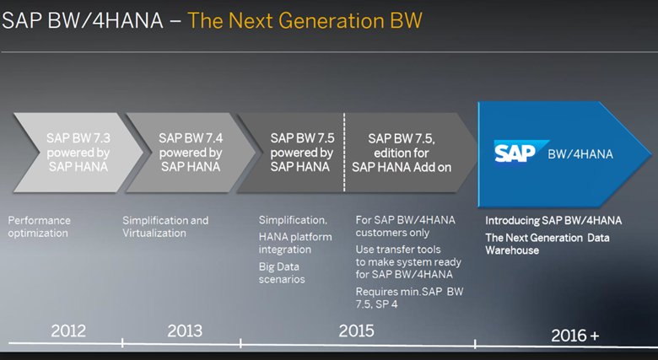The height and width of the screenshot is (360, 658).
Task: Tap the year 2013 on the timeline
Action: [185, 330]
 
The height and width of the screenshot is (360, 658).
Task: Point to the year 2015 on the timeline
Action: [356, 330]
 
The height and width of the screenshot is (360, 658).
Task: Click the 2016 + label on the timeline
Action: [574, 335]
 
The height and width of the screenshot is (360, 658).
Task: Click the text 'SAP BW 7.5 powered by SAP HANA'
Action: [301, 152]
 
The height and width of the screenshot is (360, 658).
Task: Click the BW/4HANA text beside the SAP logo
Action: [580, 154]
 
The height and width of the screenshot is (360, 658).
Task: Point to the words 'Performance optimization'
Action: [40, 226]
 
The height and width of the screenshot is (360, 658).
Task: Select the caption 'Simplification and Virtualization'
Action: [165, 226]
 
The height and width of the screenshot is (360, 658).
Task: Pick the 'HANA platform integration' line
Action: [295, 243]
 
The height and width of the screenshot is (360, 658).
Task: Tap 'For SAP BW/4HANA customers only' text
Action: [405, 226]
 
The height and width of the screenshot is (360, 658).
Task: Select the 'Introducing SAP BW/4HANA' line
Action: [553, 221]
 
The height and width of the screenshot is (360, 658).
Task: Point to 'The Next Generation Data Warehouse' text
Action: [547, 244]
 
